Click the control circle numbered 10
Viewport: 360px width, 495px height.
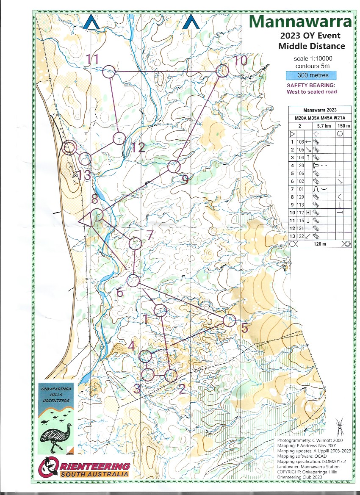(x=222, y=71)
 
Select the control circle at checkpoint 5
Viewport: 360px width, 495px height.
(x=229, y=320)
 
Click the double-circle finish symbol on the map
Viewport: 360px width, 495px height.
(x=69, y=147)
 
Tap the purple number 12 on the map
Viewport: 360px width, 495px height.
(x=138, y=147)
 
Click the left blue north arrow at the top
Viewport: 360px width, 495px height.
(x=91, y=22)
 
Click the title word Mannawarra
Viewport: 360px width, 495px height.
(x=300, y=21)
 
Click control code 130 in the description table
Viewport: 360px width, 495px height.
(x=301, y=166)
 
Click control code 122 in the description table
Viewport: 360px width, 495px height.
(x=301, y=236)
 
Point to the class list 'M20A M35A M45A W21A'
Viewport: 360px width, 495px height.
(x=320, y=118)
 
